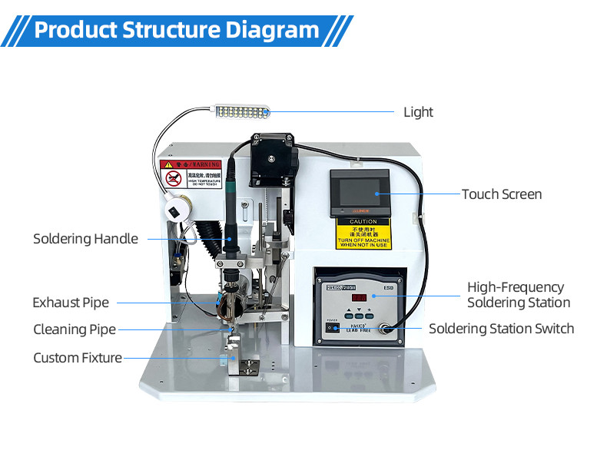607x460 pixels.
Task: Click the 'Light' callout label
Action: [x=418, y=112]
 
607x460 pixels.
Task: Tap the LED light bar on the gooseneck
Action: [x=241, y=114]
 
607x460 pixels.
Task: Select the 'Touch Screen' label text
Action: [x=501, y=194]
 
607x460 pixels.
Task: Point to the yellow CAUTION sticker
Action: [x=363, y=233]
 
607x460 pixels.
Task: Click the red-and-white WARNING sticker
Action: [x=190, y=174]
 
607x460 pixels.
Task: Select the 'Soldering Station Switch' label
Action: [x=501, y=329]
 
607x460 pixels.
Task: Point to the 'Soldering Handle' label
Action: [x=85, y=239]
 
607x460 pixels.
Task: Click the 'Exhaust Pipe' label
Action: [x=71, y=303]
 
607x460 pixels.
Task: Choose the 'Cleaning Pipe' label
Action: [x=75, y=329]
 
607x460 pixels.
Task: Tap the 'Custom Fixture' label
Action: [x=78, y=358]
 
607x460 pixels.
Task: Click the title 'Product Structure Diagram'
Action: [x=177, y=30]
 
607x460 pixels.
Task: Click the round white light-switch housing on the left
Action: [x=176, y=210]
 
